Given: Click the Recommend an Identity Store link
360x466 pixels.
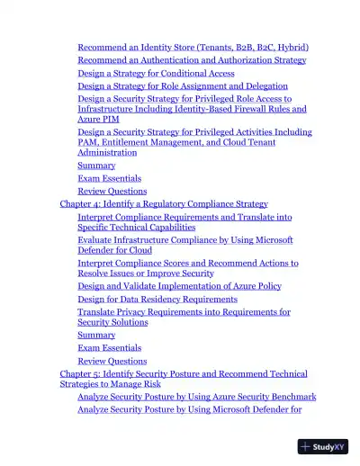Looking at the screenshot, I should (x=162, y=47).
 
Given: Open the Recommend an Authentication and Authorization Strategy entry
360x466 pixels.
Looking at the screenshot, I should (x=192, y=60).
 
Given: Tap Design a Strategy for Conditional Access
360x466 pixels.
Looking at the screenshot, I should (x=156, y=73).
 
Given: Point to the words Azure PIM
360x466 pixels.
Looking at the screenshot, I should (x=98, y=119).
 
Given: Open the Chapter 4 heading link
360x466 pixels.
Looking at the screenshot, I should (x=164, y=204).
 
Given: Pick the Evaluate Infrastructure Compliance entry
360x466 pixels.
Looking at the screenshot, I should (x=184, y=240).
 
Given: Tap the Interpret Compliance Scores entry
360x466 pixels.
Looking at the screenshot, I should (x=187, y=263).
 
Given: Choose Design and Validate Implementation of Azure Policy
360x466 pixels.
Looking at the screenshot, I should (x=179, y=286).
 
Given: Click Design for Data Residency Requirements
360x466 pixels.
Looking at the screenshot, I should (x=157, y=299).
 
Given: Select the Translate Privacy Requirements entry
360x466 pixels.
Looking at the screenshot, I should (x=184, y=312).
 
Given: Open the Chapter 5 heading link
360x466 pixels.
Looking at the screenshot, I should (x=183, y=373).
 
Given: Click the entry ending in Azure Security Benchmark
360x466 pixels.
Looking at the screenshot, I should (x=196, y=397).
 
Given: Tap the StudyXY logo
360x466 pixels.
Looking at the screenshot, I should (x=323, y=445).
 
